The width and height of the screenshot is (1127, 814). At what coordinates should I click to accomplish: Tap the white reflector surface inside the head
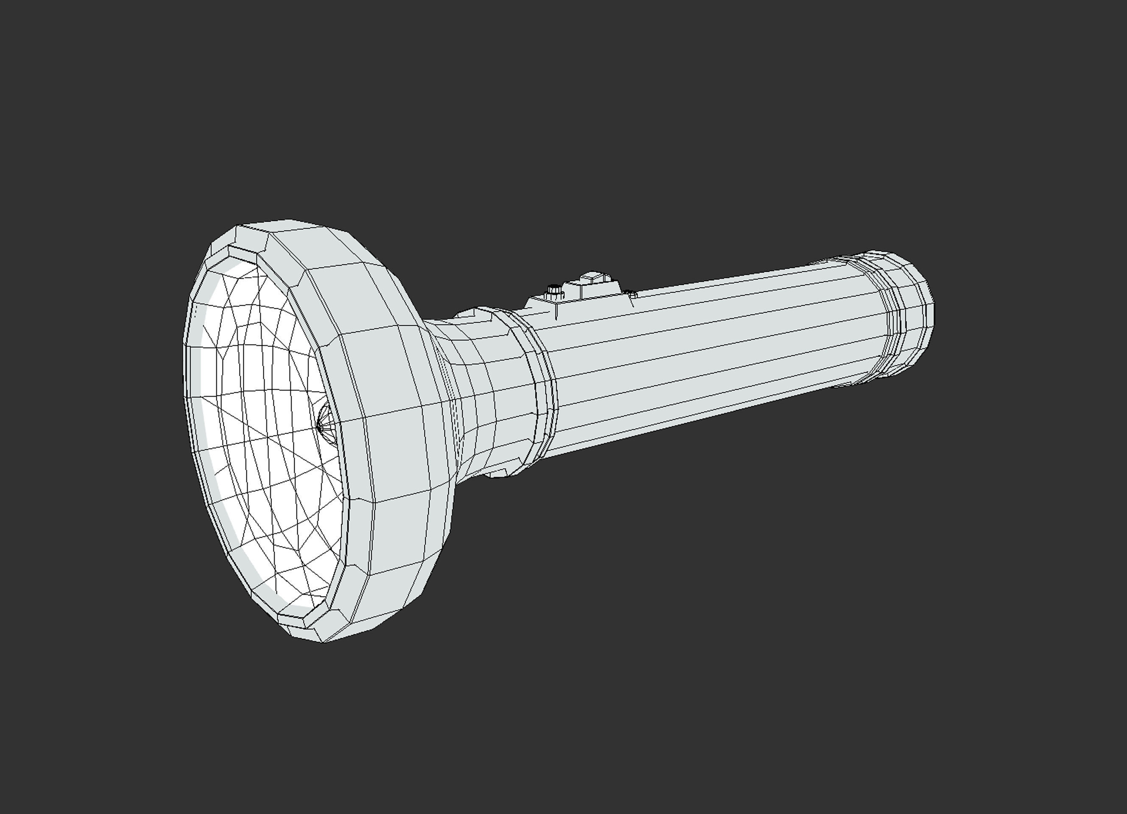(x=268, y=422)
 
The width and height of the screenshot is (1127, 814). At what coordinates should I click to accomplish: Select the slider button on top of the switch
(x=592, y=276)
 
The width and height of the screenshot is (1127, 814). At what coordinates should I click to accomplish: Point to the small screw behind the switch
(x=632, y=295)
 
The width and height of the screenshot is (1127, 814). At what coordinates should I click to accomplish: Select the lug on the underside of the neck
(x=497, y=473)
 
